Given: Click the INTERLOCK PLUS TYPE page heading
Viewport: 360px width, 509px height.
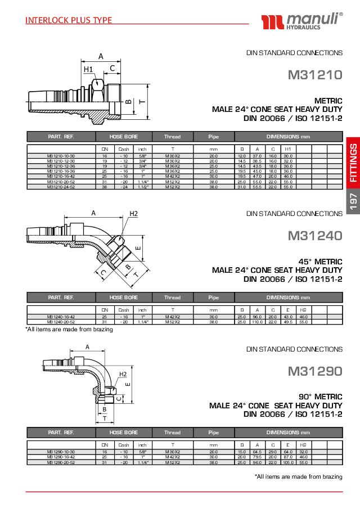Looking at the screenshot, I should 69,21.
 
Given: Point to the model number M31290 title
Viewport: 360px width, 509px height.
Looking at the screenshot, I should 314,371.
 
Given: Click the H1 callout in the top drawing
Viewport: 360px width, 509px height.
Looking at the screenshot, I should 88,69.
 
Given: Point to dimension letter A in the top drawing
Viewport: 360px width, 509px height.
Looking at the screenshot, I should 101,56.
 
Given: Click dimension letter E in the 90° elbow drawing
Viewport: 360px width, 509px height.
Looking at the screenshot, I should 128,385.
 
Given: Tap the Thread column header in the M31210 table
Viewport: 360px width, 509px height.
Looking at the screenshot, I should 172,137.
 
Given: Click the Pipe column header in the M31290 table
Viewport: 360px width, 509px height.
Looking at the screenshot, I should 213,433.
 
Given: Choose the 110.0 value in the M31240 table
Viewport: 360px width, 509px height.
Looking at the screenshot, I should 258,322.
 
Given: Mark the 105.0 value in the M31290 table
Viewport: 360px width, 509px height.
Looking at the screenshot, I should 288,462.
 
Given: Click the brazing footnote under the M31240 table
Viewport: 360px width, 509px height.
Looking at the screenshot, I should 69,330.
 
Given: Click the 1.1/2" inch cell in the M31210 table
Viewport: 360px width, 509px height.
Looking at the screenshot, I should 142,187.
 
